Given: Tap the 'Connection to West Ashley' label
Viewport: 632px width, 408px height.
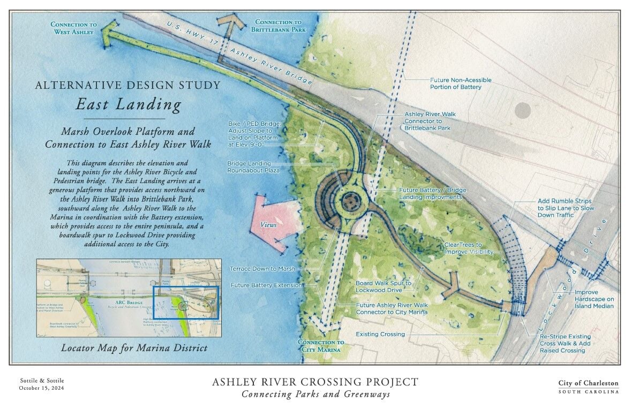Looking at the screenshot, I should [74, 28].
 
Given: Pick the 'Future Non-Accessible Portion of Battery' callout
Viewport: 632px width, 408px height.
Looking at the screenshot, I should [461, 84].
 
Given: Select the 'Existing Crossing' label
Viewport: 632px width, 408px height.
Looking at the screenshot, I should [380, 335].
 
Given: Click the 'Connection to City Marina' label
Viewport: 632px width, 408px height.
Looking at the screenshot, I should [321, 346].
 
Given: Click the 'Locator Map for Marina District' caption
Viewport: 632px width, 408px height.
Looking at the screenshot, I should [134, 348].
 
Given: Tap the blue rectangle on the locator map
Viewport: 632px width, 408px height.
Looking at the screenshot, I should [185, 303].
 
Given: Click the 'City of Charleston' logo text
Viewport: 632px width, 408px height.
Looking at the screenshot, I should [588, 383].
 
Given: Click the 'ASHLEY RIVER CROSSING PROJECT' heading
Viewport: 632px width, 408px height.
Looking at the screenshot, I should [315, 382].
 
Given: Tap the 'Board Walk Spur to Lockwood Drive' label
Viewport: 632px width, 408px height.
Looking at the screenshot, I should [383, 286].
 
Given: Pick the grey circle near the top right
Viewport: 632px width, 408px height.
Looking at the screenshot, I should [522, 110].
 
